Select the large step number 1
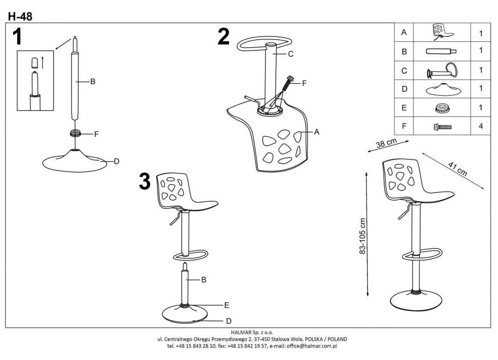tap(17, 37)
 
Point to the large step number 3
tap(145, 181)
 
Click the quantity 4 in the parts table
tap(480, 126)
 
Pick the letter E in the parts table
tap(404, 108)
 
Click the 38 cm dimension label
tap(386, 145)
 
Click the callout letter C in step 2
tap(291, 54)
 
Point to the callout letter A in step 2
tap(316, 132)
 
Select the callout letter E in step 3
tap(227, 305)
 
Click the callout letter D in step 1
tap(116, 161)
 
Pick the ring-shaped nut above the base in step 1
tap(75, 133)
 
